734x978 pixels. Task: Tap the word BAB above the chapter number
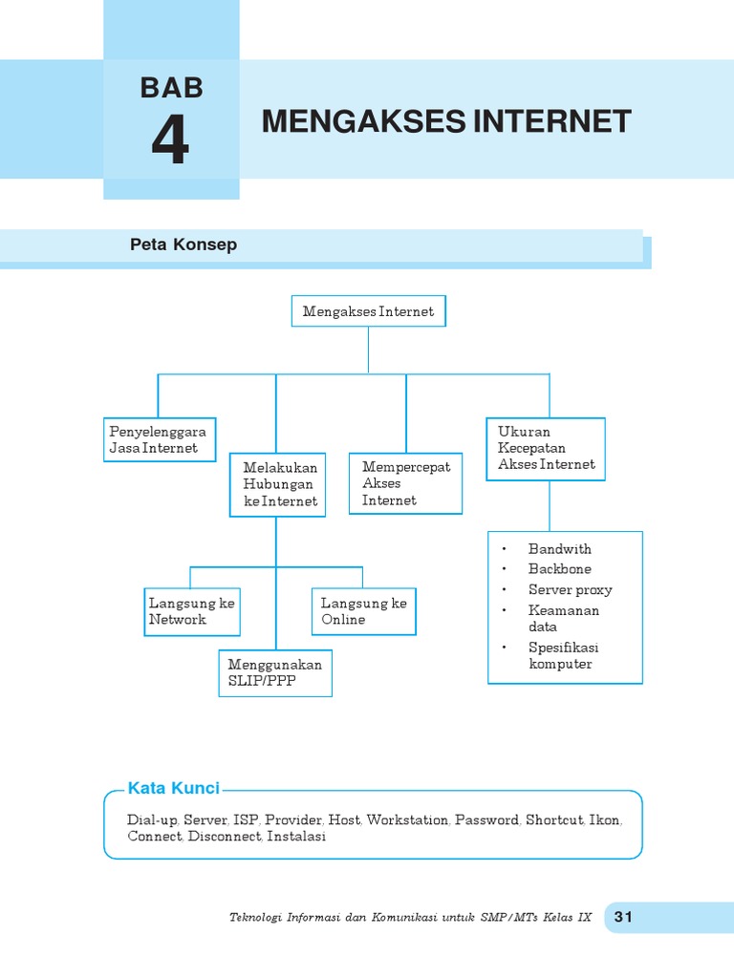point(171,88)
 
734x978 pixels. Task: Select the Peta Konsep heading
point(183,244)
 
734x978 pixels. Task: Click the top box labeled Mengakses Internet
point(368,311)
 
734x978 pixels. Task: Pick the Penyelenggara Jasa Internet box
point(159,439)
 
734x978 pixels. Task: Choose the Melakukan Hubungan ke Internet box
point(278,484)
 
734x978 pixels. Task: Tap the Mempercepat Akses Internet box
point(405,483)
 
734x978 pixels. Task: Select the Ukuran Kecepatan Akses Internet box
point(546,448)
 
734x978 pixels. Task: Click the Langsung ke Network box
point(191,611)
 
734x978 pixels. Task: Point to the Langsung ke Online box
point(363,611)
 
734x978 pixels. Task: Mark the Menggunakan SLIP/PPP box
point(275,671)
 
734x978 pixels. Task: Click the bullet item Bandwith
point(559,549)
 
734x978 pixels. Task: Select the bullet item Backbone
point(559,569)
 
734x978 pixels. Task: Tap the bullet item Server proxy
point(570,590)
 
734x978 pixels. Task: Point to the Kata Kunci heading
point(173,788)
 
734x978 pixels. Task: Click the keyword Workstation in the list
point(407,820)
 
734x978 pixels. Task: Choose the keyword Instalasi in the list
point(296,837)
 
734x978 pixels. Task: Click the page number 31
point(623,918)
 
